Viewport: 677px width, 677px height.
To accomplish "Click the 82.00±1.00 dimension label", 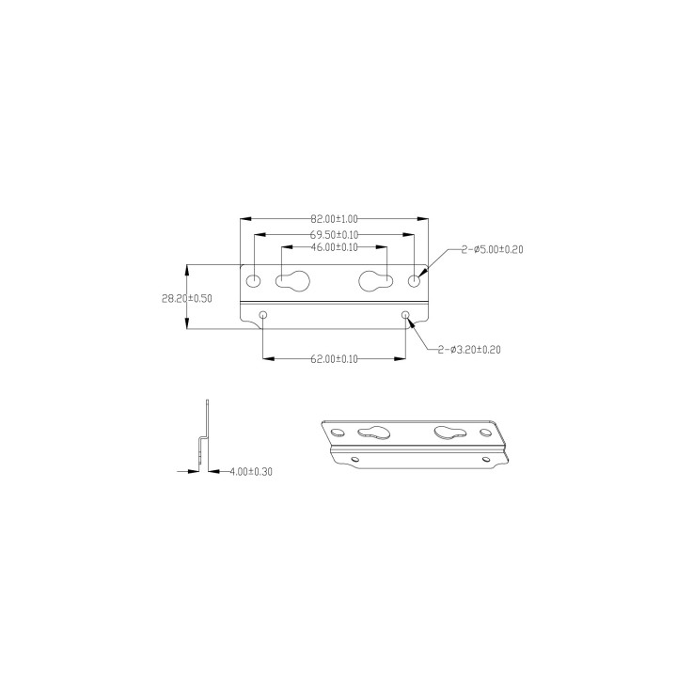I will [334, 218].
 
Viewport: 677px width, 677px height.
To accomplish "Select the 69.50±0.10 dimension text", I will [334, 233].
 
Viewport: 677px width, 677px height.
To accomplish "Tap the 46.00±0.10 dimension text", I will [334, 247].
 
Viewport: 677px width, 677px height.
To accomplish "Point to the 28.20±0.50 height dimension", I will [187, 297].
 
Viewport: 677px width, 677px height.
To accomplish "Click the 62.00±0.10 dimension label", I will [334, 358].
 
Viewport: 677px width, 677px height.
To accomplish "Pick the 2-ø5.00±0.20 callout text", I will [492, 249].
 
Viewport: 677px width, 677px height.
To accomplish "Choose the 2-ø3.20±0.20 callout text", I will [468, 350].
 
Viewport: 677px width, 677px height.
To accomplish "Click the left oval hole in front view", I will [254, 281].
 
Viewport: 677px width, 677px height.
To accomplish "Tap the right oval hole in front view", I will [414, 281].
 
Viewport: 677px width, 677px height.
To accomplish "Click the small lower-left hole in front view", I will [264, 315].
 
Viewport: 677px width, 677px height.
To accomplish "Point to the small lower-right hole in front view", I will [405, 315].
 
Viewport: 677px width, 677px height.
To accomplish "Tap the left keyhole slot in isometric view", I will [373, 433].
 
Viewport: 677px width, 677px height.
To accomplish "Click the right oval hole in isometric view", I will [485, 433].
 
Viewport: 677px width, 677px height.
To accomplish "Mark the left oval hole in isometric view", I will [337, 432].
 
